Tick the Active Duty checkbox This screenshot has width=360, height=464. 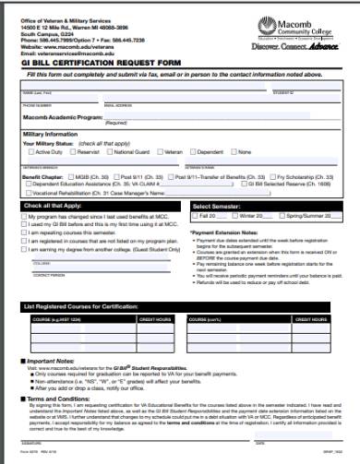24,151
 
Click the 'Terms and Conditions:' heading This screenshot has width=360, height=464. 61,397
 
